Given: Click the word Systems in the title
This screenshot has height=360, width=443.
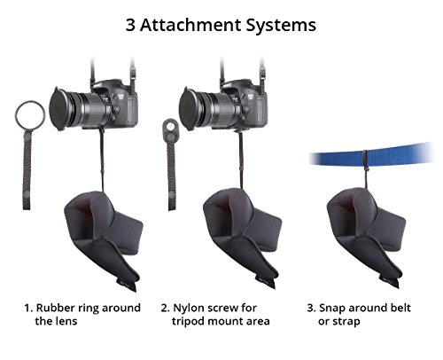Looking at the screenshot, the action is pyautogui.click(x=281, y=26).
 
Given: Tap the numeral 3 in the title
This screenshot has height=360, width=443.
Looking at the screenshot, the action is pyautogui.click(x=130, y=25).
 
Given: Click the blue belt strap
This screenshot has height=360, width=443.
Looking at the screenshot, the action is pyautogui.click(x=372, y=153).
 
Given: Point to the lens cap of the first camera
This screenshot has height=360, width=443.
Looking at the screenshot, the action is pyautogui.click(x=58, y=108).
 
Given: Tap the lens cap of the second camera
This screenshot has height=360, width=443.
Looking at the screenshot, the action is pyautogui.click(x=188, y=108).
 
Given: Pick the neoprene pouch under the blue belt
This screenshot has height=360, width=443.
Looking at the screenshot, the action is pyautogui.click(x=366, y=237).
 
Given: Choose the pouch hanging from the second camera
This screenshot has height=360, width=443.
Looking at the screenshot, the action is pyautogui.click(x=241, y=237).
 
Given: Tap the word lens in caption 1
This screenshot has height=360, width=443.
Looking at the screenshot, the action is pyautogui.click(x=67, y=321).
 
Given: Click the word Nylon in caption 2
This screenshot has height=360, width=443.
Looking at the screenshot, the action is pyautogui.click(x=189, y=309).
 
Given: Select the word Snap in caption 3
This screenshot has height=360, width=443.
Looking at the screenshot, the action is pyautogui.click(x=331, y=309).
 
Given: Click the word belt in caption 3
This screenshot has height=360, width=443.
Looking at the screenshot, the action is pyautogui.click(x=400, y=308).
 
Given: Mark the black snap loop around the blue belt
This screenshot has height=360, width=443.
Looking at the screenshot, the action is pyautogui.click(x=366, y=160).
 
